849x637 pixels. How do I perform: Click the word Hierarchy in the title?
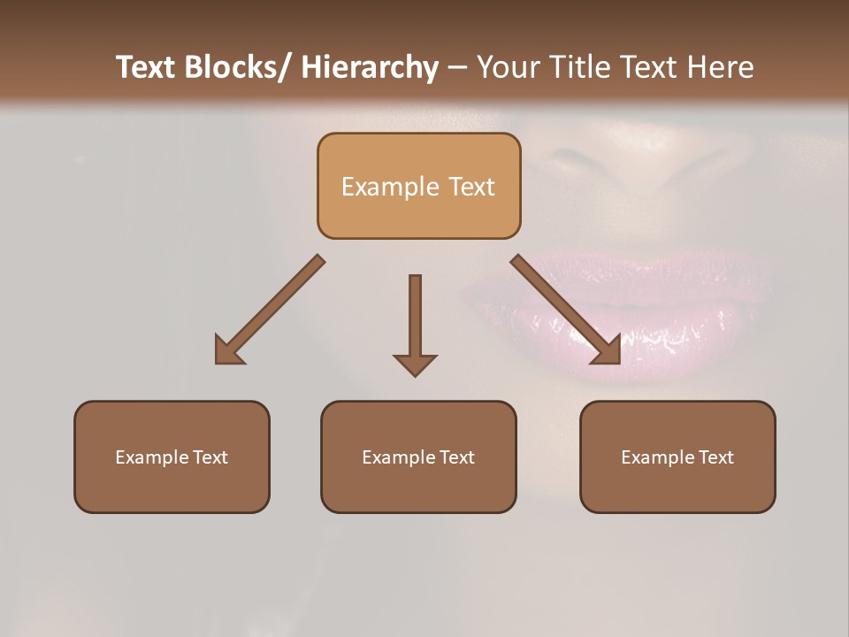(370, 67)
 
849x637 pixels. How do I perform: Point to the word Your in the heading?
(509, 67)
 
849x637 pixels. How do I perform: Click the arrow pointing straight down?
(415, 323)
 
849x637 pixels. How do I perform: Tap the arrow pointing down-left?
(270, 310)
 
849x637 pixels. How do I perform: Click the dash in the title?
(457, 69)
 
